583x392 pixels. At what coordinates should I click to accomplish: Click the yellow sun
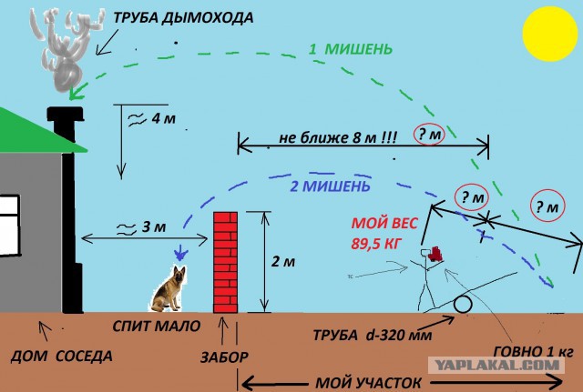point(550,34)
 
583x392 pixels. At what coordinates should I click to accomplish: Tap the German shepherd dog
point(169,289)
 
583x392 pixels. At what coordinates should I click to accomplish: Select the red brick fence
point(225,262)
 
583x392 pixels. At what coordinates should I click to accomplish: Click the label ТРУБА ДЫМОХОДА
point(183,18)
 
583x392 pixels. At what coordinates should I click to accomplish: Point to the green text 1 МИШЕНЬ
point(350,49)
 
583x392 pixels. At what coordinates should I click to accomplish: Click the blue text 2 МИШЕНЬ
point(330,186)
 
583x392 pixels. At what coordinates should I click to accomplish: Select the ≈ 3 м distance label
point(141,227)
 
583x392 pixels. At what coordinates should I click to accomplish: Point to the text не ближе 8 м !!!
point(338,138)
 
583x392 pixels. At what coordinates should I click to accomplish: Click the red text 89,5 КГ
point(376,244)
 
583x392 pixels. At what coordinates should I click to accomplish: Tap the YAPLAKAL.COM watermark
point(496,366)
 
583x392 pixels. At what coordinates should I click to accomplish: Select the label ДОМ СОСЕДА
point(61,357)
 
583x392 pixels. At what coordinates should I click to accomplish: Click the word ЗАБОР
point(224,357)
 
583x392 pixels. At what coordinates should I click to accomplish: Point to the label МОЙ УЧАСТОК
point(368,383)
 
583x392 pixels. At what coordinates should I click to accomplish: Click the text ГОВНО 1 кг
point(534,351)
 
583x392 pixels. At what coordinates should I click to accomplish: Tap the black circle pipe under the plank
point(463,305)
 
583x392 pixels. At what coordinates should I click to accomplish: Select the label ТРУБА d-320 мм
point(373,336)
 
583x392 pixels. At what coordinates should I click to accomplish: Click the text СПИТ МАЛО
point(157,326)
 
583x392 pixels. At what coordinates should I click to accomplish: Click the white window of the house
point(9,226)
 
